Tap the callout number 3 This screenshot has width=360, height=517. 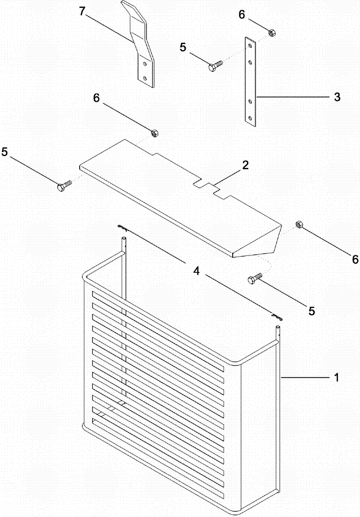[337, 97]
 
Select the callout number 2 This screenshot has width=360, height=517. [245, 166]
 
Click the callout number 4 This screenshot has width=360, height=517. [196, 270]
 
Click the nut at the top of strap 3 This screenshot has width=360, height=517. [271, 34]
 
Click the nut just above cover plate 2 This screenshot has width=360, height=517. [154, 133]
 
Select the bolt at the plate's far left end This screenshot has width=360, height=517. [63, 186]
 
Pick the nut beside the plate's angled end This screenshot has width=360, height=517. [298, 224]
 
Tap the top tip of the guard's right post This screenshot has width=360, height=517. [278, 327]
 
